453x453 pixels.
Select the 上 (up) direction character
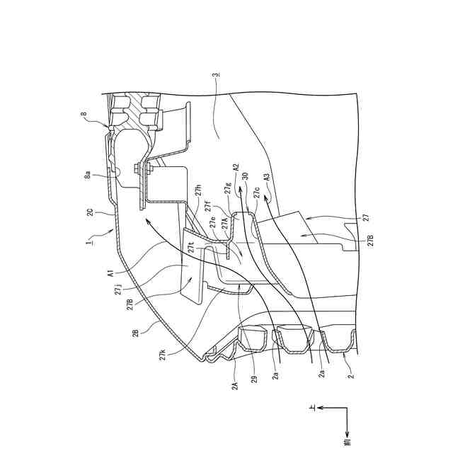tap(311, 408)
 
